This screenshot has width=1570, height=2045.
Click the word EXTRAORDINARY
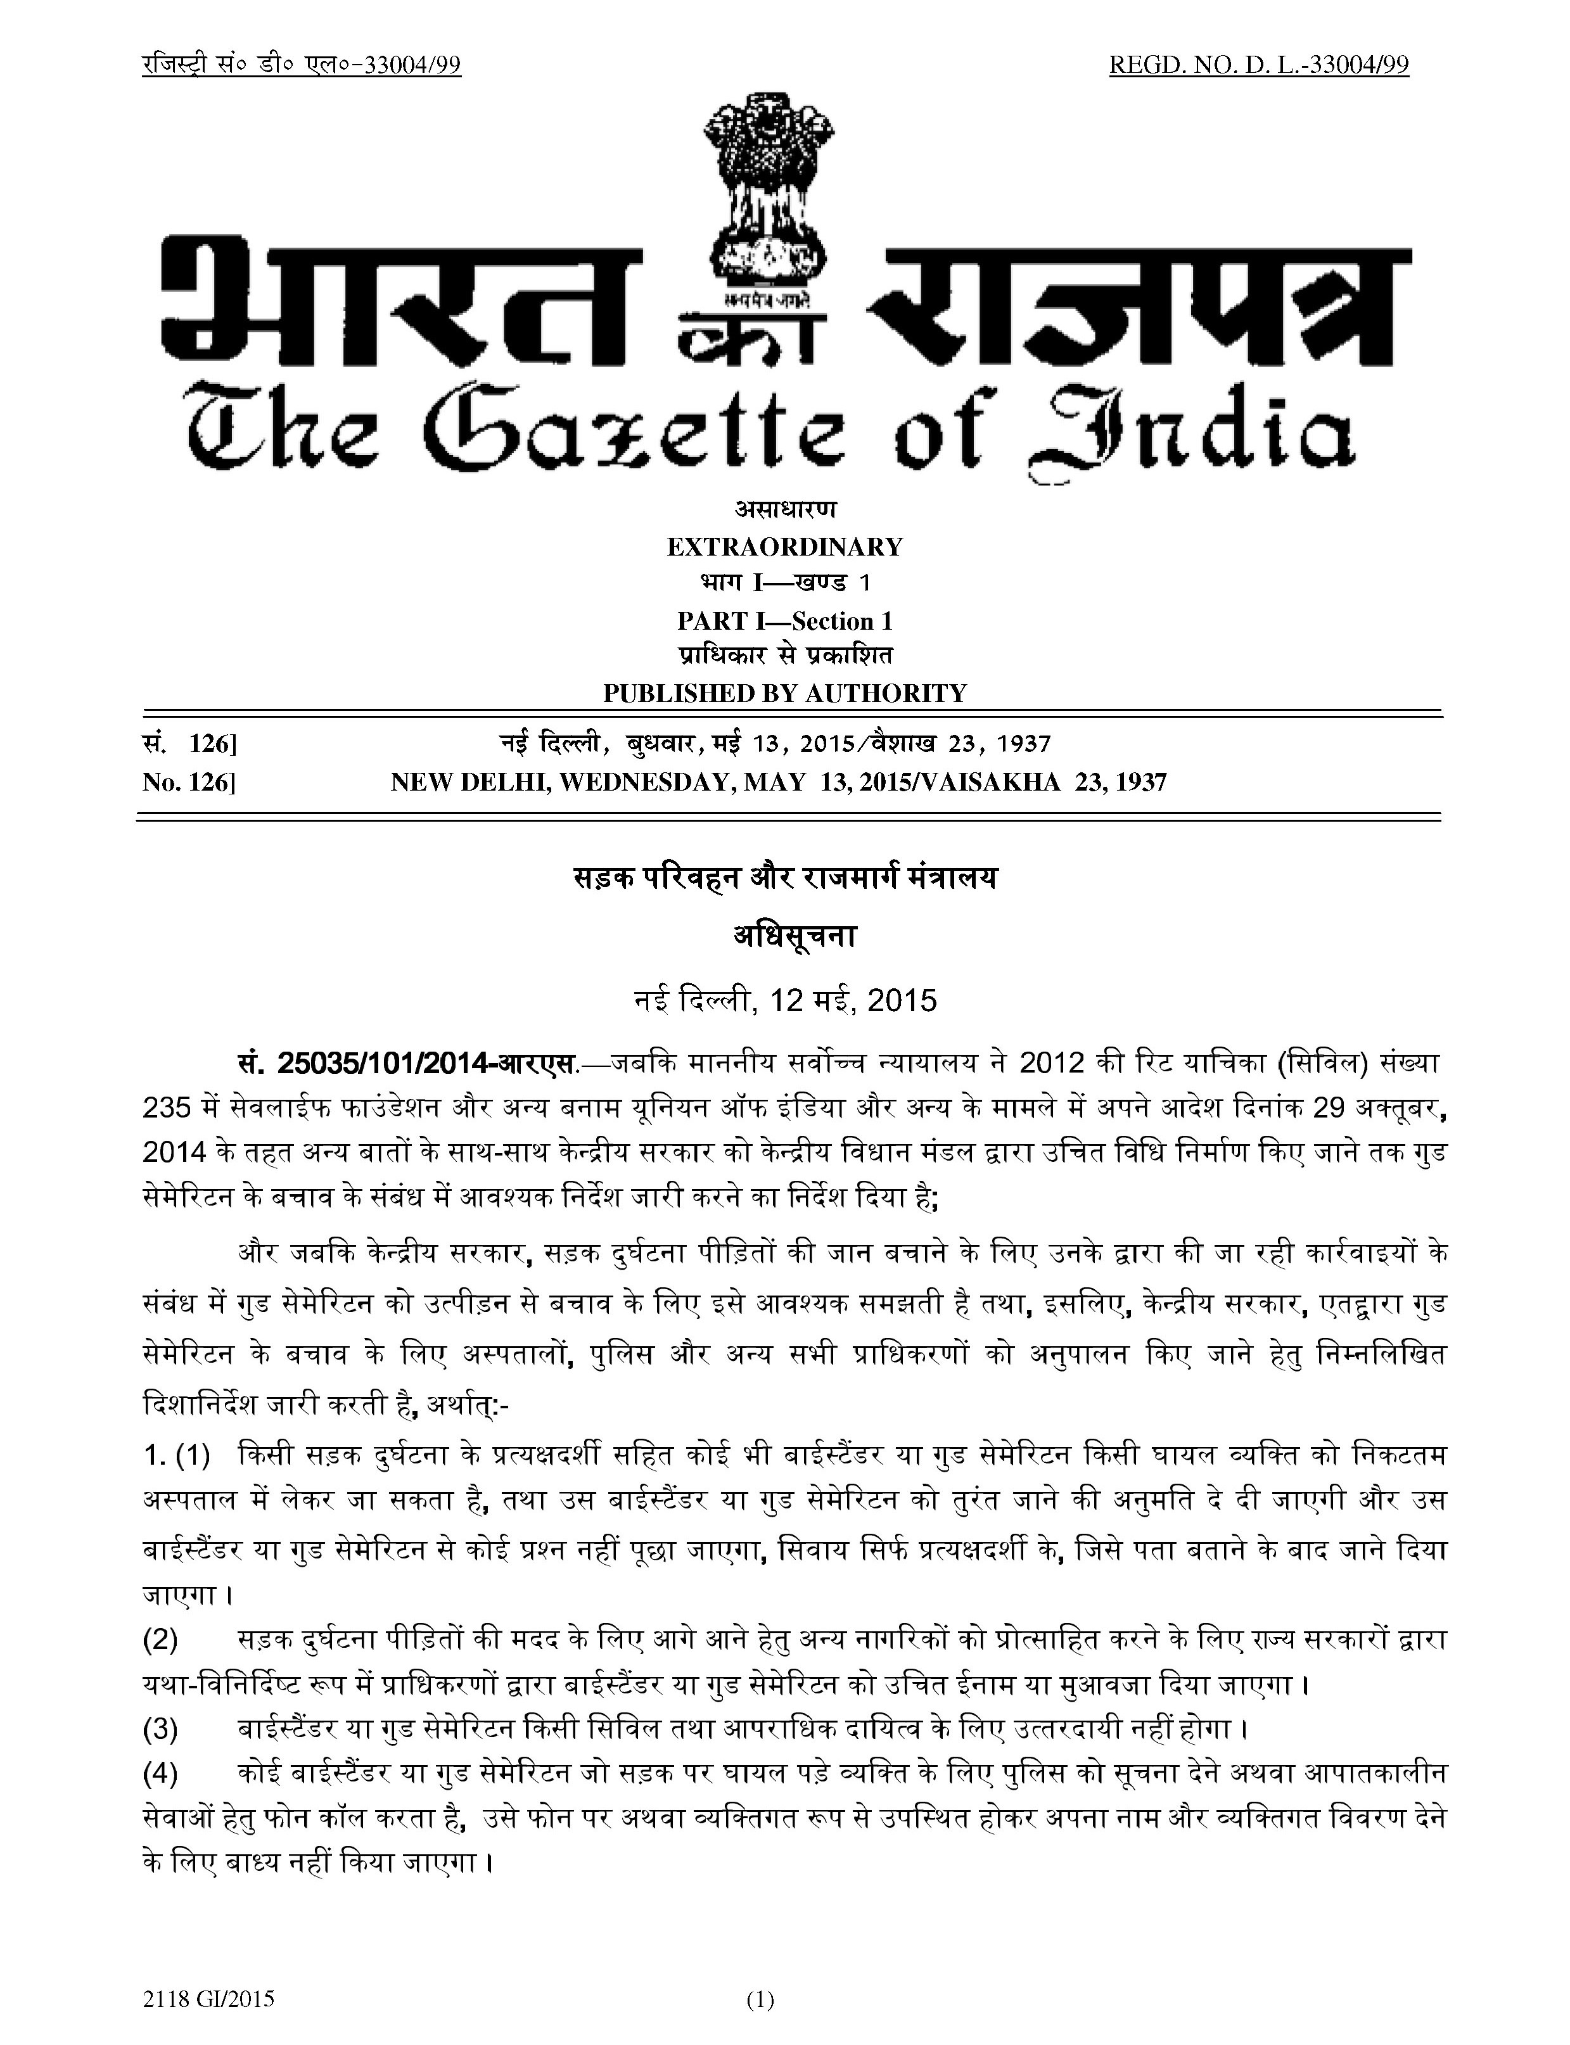click(784, 547)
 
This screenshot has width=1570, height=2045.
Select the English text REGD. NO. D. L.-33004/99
click(1259, 65)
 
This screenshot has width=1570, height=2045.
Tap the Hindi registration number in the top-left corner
click(302, 65)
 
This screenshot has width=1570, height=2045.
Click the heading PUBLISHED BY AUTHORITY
click(784, 693)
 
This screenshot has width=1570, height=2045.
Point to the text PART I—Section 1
click(784, 620)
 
